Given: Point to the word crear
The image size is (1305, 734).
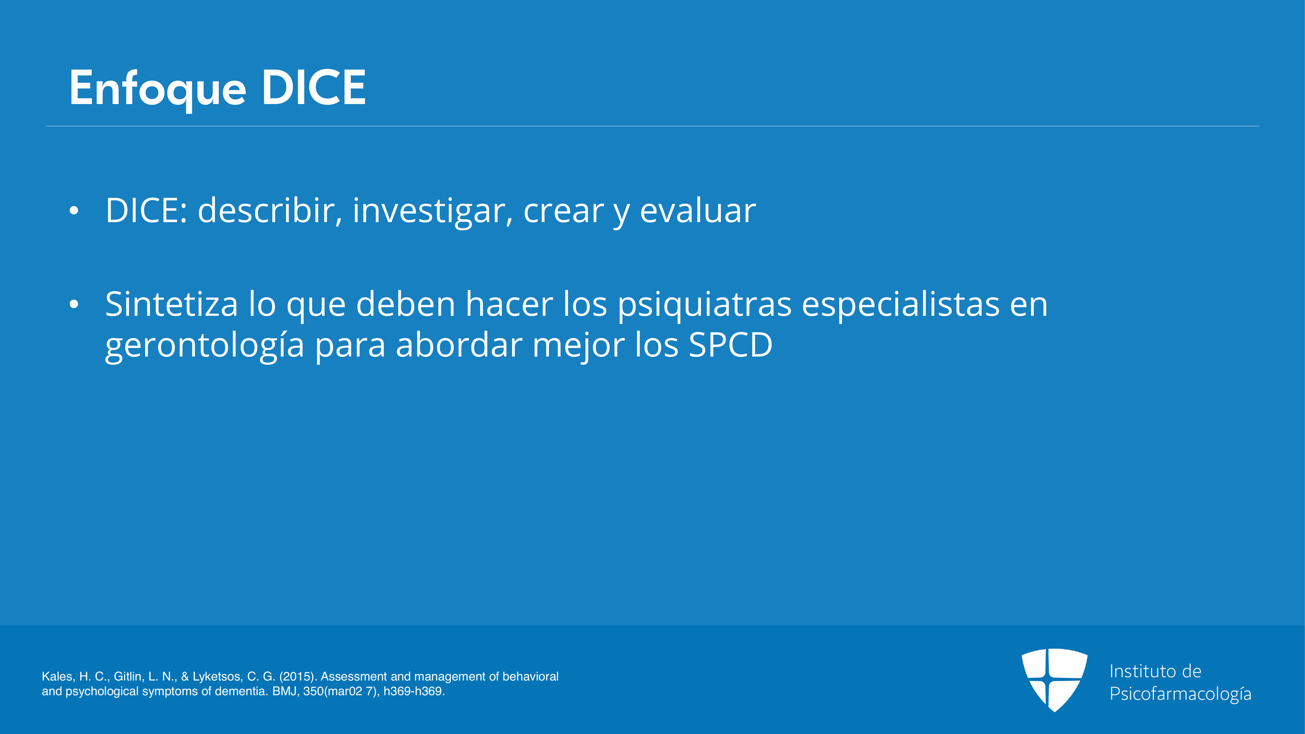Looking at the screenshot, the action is click(563, 212).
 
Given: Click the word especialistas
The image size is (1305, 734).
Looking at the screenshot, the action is click(901, 305).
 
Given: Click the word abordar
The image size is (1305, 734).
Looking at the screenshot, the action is click(459, 344).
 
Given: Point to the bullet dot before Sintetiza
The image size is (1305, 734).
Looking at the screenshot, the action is click(74, 304).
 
